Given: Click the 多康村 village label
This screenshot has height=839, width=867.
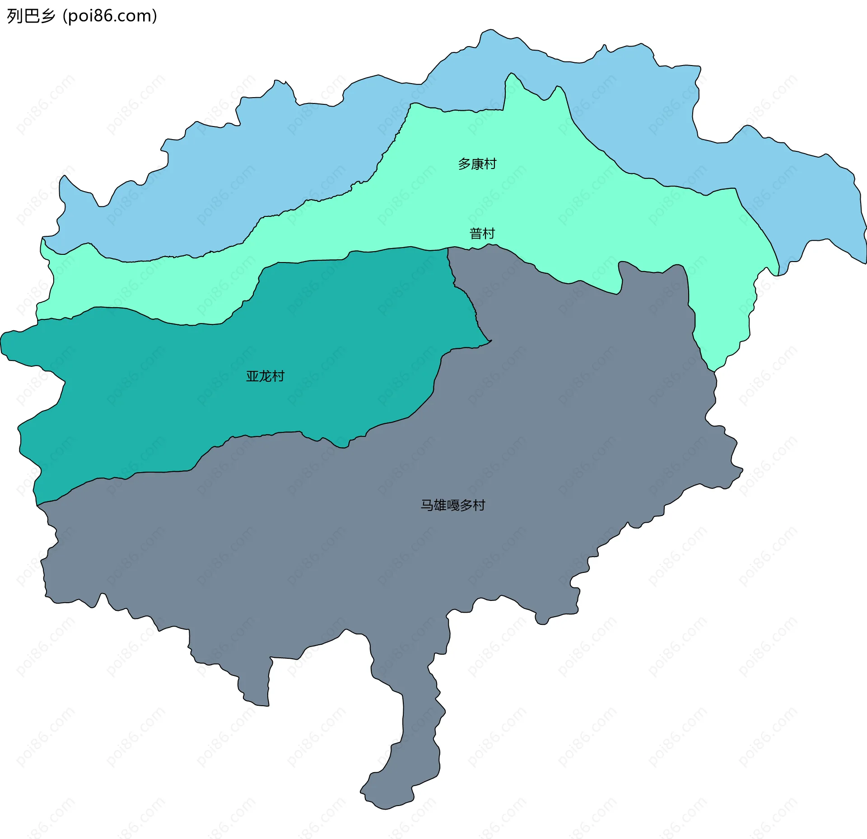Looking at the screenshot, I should pos(477,164).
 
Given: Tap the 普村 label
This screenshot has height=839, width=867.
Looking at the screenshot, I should pos(482,234).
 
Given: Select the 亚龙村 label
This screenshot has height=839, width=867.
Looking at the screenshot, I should pos(265,376).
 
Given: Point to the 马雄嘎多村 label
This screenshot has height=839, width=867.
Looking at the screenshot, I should pos(453,505).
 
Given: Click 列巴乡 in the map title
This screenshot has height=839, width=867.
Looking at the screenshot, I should pos(31,16).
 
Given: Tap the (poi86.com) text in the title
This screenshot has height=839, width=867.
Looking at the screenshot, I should pos(110,16).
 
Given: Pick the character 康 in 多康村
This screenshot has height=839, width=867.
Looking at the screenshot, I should pos(477,164).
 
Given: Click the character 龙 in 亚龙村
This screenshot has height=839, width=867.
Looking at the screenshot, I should pos(265,376).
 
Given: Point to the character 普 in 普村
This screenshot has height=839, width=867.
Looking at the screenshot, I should pos(476,234).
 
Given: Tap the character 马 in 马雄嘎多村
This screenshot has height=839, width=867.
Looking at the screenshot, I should pos(427,505).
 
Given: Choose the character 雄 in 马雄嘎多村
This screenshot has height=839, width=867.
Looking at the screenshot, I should pos(440,505).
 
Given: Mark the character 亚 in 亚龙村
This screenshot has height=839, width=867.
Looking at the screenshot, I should pos(252,376).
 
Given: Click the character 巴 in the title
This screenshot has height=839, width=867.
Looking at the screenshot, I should pos(31,16).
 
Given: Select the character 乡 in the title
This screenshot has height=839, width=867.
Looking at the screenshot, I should pos(47,16).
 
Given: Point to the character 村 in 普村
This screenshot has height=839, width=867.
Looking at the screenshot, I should pos(489,234).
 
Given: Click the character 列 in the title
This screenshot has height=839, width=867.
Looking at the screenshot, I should pos(14,16).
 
